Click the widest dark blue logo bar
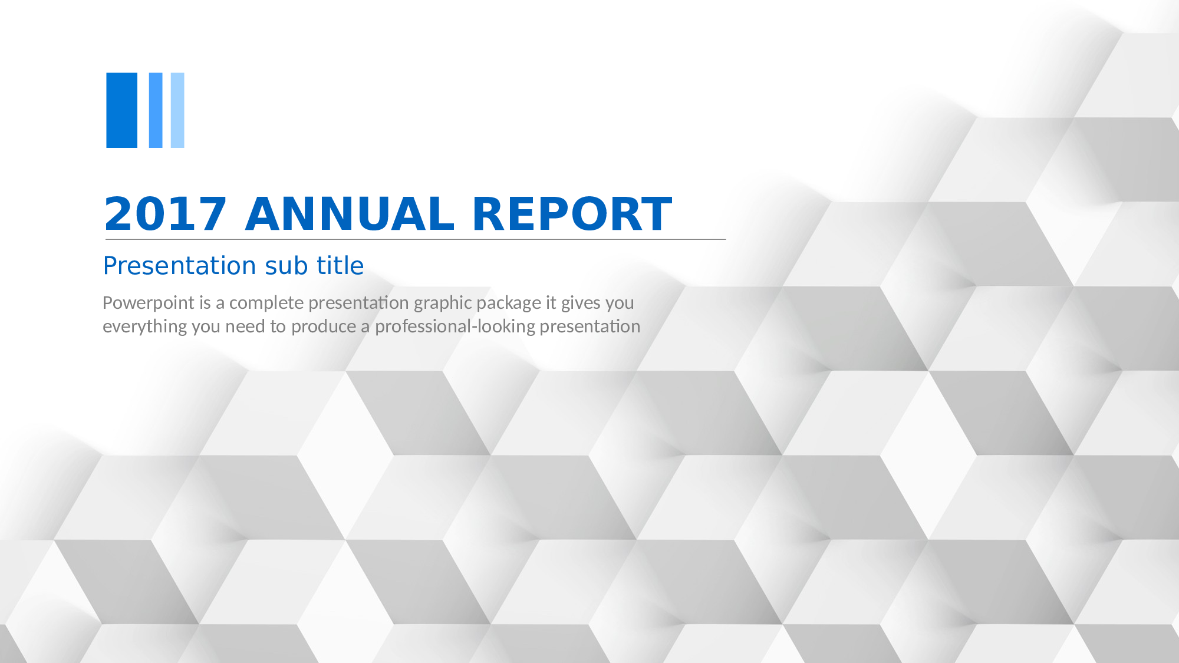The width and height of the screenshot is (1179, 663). point(121,110)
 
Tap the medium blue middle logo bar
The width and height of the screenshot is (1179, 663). point(156,110)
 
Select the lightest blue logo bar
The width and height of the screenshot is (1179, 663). point(177,110)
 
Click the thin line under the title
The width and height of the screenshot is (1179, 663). point(416,239)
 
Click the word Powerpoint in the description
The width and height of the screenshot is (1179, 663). point(149,303)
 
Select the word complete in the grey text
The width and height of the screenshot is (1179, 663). point(266,303)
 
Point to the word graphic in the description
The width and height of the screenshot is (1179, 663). point(443,303)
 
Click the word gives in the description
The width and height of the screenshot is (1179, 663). point(581,303)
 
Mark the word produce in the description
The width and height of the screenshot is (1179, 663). point(324,326)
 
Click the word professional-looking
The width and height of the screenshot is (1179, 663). point(455,326)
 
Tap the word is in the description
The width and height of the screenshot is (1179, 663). point(205,303)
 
